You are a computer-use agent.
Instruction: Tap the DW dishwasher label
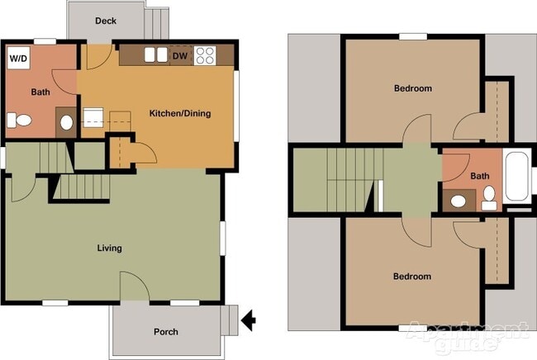click(x=179, y=56)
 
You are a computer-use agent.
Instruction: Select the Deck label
click(x=105, y=21)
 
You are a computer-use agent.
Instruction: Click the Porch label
click(x=166, y=332)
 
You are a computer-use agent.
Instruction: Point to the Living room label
click(x=109, y=248)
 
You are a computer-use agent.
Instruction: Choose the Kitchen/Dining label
click(x=179, y=113)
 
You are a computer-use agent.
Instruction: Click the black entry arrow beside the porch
click(x=247, y=316)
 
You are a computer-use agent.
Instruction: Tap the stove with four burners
click(x=205, y=56)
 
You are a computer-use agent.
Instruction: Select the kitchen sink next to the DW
click(x=154, y=55)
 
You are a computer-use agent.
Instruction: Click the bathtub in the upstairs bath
click(x=519, y=177)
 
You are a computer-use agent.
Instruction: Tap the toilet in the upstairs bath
click(x=489, y=196)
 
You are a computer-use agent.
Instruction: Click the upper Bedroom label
click(x=412, y=88)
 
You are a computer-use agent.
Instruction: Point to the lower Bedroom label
click(x=412, y=276)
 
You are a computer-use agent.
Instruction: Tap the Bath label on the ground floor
click(x=40, y=92)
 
